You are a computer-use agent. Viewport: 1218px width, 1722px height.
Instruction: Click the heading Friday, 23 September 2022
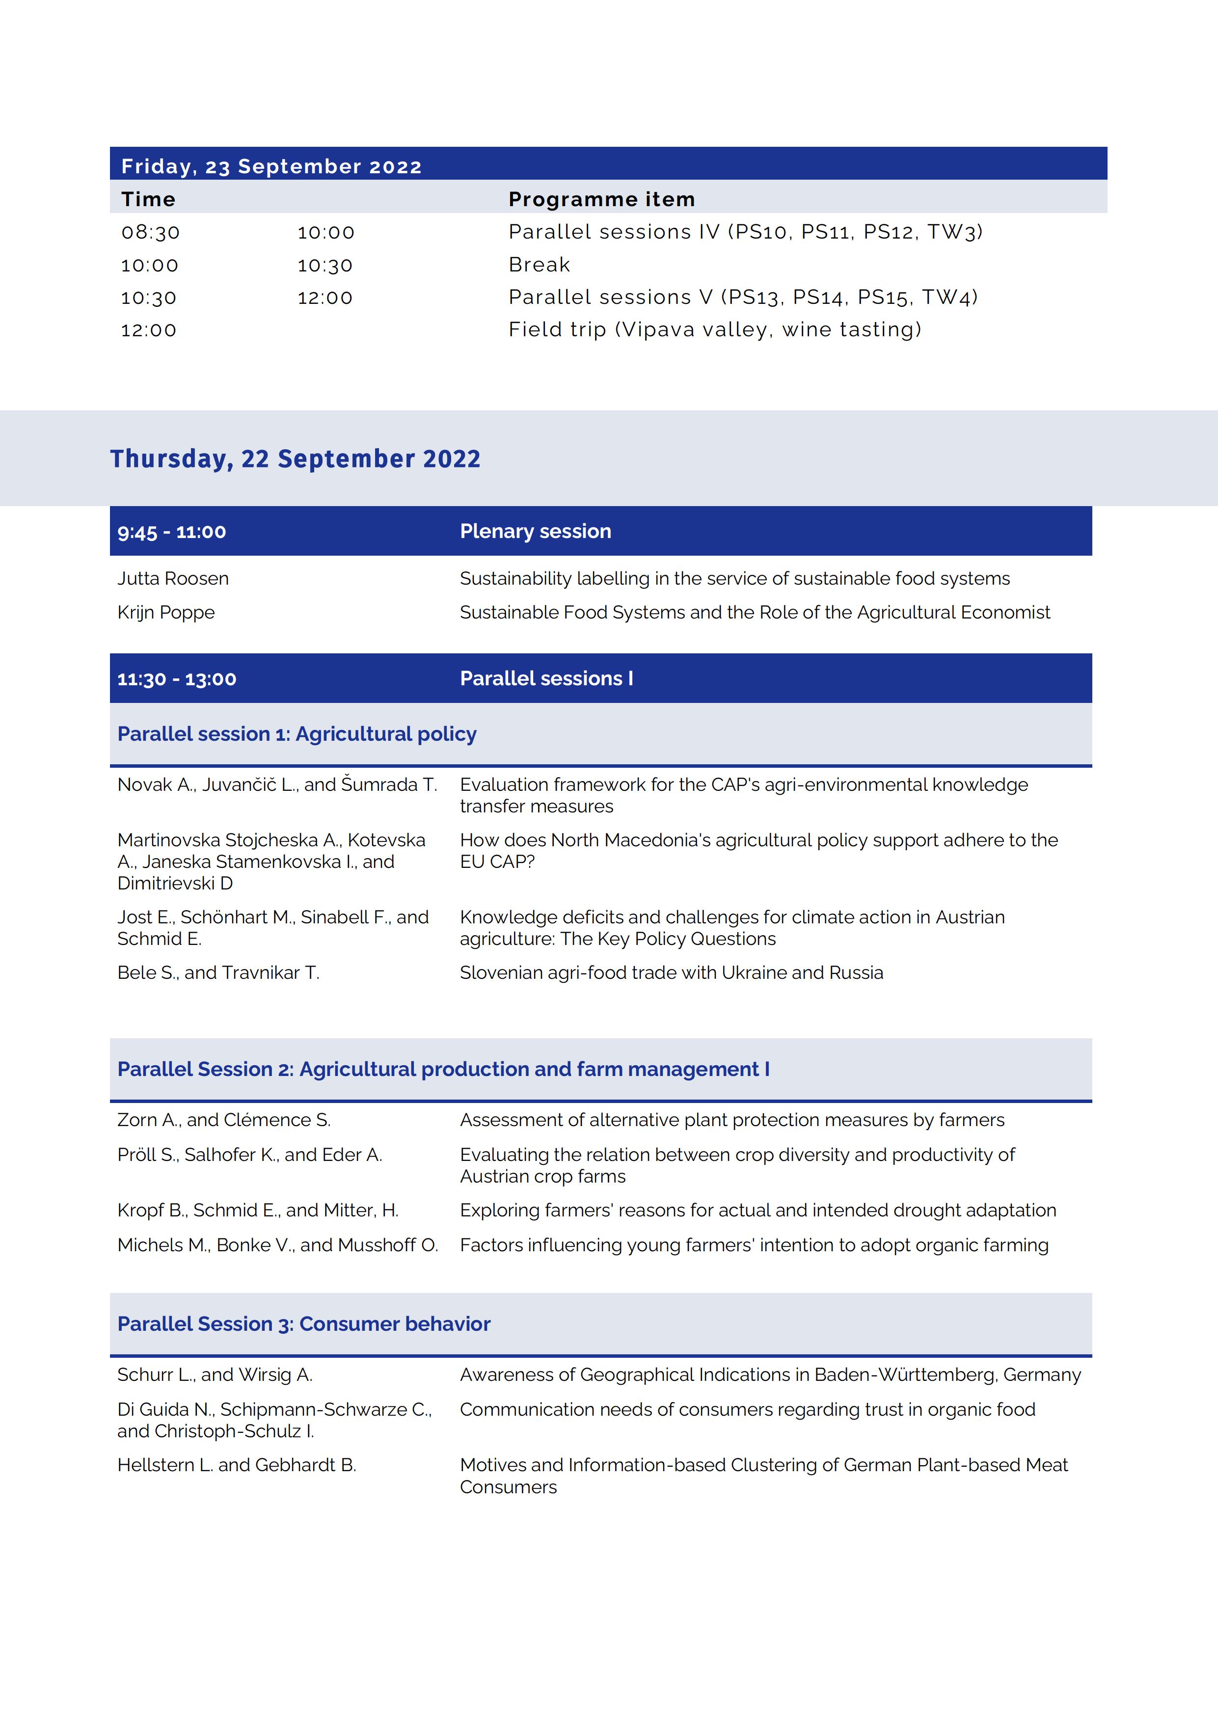coord(271,166)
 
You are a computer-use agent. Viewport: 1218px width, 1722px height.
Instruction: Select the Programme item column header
coord(601,199)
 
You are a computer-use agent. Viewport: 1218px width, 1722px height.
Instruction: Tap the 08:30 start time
coord(151,233)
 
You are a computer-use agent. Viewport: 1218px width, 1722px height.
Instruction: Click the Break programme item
coord(539,265)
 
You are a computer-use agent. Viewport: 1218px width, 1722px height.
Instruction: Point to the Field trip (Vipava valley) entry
coord(715,330)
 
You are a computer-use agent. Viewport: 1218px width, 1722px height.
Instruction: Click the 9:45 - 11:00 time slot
coord(172,532)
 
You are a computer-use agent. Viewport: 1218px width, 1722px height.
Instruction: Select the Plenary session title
coord(536,531)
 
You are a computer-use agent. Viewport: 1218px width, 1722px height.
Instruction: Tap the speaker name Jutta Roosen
coord(173,578)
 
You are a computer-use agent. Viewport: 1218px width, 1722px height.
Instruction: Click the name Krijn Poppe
coord(166,612)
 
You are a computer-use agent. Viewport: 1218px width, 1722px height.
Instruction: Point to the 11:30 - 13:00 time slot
coord(177,679)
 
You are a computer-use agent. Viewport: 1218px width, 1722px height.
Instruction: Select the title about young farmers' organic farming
coord(754,1245)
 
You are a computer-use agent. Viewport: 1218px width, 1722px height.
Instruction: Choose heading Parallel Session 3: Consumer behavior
coord(304,1324)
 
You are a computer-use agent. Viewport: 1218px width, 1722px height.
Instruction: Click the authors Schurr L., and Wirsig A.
coord(215,1375)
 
